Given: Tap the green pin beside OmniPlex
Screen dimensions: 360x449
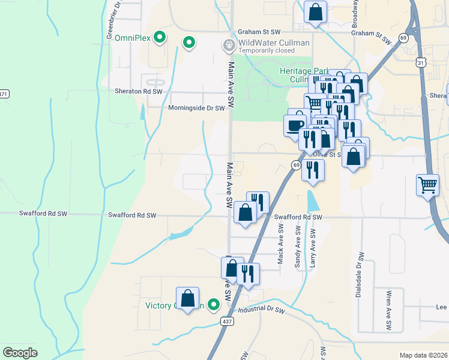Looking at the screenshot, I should [160, 37].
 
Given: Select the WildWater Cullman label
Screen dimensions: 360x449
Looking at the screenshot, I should [274, 43].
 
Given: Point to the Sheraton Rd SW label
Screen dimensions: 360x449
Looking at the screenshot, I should [139, 92].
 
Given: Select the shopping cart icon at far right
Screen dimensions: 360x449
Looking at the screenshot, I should [427, 185].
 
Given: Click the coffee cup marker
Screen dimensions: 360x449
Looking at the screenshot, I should [295, 125].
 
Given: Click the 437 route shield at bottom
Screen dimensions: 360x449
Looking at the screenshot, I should [227, 322].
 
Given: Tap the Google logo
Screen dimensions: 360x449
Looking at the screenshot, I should [20, 353].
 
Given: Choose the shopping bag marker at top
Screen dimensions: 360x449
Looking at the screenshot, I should [315, 11].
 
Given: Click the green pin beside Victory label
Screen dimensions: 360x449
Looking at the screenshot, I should [212, 305].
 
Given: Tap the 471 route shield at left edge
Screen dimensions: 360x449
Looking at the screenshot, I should [4, 94].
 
